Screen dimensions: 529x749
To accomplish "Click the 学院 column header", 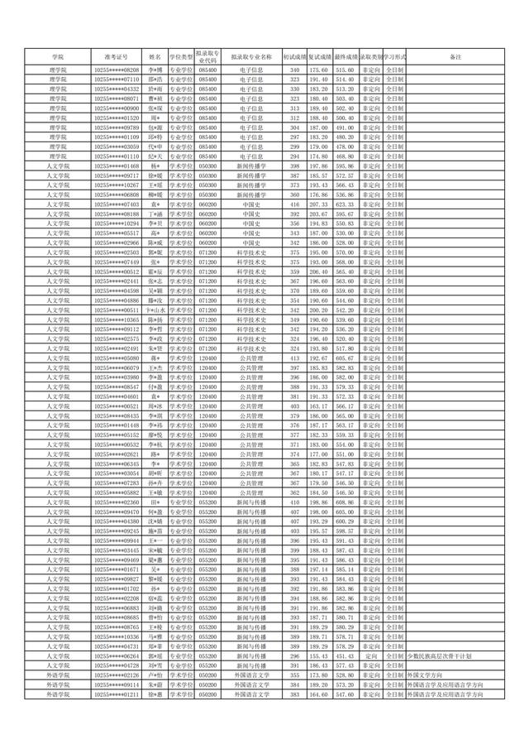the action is click(57, 56).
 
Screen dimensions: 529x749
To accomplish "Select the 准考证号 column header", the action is click(117, 56).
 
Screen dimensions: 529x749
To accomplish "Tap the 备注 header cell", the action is click(455, 56).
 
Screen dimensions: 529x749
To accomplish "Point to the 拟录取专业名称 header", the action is click(251, 56).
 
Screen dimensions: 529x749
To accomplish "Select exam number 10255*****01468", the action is click(117, 166).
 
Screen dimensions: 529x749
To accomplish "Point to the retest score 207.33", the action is click(318, 204).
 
